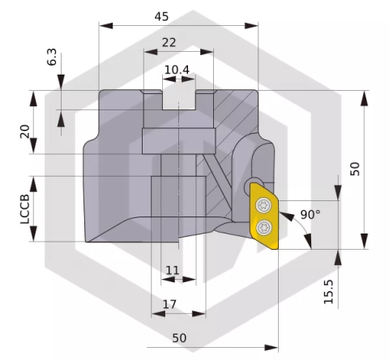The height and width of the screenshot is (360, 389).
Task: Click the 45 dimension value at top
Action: tap(161, 16)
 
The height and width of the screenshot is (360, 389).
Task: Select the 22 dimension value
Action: tap(169, 42)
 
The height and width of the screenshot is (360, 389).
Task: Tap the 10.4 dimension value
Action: tap(177, 70)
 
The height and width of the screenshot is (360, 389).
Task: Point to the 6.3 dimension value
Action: tap(52, 57)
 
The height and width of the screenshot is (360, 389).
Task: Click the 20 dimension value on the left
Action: tap(25, 131)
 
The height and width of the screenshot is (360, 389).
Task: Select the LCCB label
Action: tap(25, 208)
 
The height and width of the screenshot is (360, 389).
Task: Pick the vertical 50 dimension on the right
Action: tap(355, 169)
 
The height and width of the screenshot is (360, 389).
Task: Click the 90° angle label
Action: tap(310, 214)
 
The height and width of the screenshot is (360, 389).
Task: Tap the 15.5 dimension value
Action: tap(329, 292)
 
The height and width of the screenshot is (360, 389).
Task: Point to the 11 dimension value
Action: tap(173, 270)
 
